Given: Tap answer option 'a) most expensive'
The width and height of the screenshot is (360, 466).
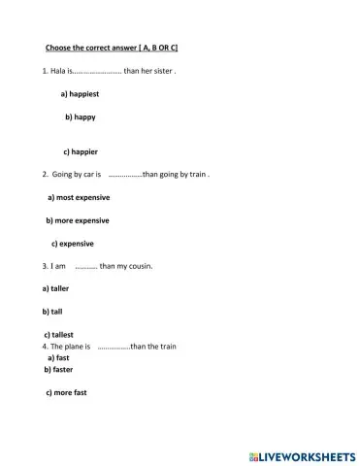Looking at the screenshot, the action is [x=79, y=197].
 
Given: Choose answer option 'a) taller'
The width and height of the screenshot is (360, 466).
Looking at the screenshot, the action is [x=55, y=288].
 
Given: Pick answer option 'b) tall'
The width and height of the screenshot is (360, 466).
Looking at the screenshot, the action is [x=52, y=312].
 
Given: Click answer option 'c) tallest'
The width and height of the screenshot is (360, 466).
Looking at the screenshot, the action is [x=58, y=335].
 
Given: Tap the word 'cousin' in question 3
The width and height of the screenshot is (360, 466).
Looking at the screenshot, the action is [x=139, y=265].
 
